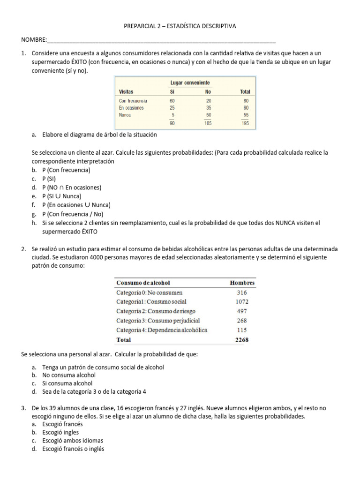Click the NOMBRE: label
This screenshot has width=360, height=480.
(x=34, y=39)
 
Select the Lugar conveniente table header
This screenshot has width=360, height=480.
(x=189, y=82)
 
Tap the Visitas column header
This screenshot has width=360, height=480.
(x=127, y=92)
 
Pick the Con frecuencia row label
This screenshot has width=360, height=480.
(x=133, y=101)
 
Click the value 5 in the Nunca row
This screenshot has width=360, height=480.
(x=173, y=115)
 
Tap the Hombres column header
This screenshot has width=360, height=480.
(x=242, y=283)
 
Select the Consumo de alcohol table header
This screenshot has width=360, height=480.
(x=143, y=283)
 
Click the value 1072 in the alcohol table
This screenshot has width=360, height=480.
(x=242, y=301)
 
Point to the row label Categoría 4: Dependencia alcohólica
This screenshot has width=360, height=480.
(x=162, y=330)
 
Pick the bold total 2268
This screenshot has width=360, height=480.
(x=242, y=340)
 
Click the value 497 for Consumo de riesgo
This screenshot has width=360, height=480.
(x=242, y=311)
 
